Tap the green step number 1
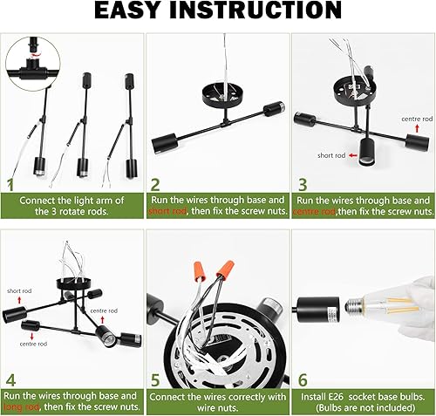11,184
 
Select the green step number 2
155,184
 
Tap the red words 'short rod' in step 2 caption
165,211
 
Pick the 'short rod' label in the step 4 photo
20,291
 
